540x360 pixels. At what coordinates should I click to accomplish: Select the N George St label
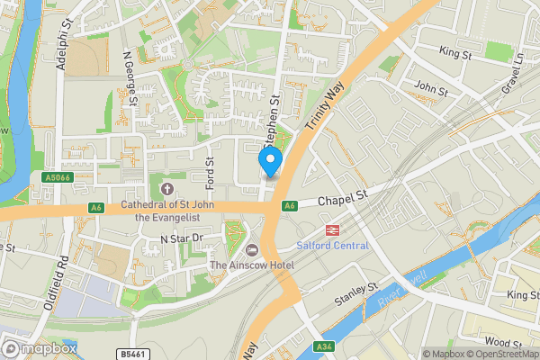tap(129, 79)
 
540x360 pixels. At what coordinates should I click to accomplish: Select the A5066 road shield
tap(56, 178)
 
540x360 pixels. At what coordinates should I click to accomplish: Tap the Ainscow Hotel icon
tap(251, 248)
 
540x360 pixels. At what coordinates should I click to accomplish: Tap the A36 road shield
tap(322, 347)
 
